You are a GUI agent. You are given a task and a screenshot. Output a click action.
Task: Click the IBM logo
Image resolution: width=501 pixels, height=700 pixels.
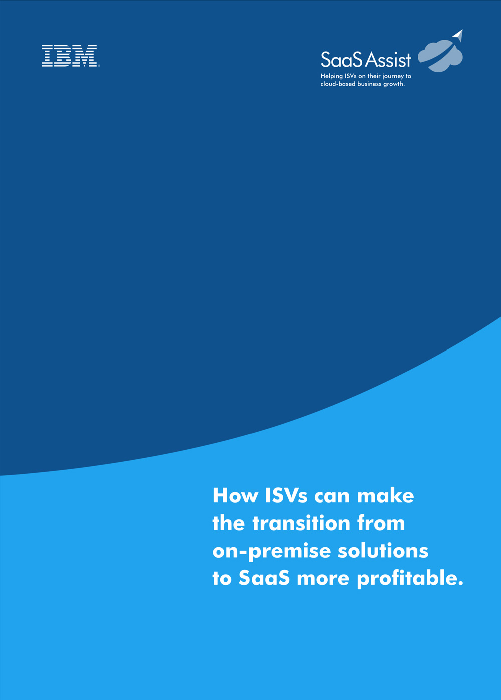71,56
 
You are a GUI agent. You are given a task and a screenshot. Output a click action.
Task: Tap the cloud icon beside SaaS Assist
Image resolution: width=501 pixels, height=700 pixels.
440,56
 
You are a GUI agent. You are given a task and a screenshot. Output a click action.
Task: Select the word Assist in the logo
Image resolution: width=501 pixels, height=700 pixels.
388,59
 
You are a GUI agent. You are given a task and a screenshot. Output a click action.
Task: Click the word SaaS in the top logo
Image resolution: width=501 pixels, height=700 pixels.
342,59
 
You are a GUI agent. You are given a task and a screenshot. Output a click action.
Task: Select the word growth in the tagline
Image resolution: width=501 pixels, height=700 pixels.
394,84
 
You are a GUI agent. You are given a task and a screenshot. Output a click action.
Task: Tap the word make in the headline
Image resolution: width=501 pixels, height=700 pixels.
385,495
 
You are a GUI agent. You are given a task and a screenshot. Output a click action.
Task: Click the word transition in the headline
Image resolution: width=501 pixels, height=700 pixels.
302,523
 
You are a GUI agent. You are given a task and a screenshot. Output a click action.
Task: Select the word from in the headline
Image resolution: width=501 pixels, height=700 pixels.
381,523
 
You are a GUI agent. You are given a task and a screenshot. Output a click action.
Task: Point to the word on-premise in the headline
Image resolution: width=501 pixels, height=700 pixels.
272,551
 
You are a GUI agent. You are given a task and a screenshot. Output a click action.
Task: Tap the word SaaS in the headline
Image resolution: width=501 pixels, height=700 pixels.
264,578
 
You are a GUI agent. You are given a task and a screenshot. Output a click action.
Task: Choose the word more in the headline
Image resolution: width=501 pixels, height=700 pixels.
323,579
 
